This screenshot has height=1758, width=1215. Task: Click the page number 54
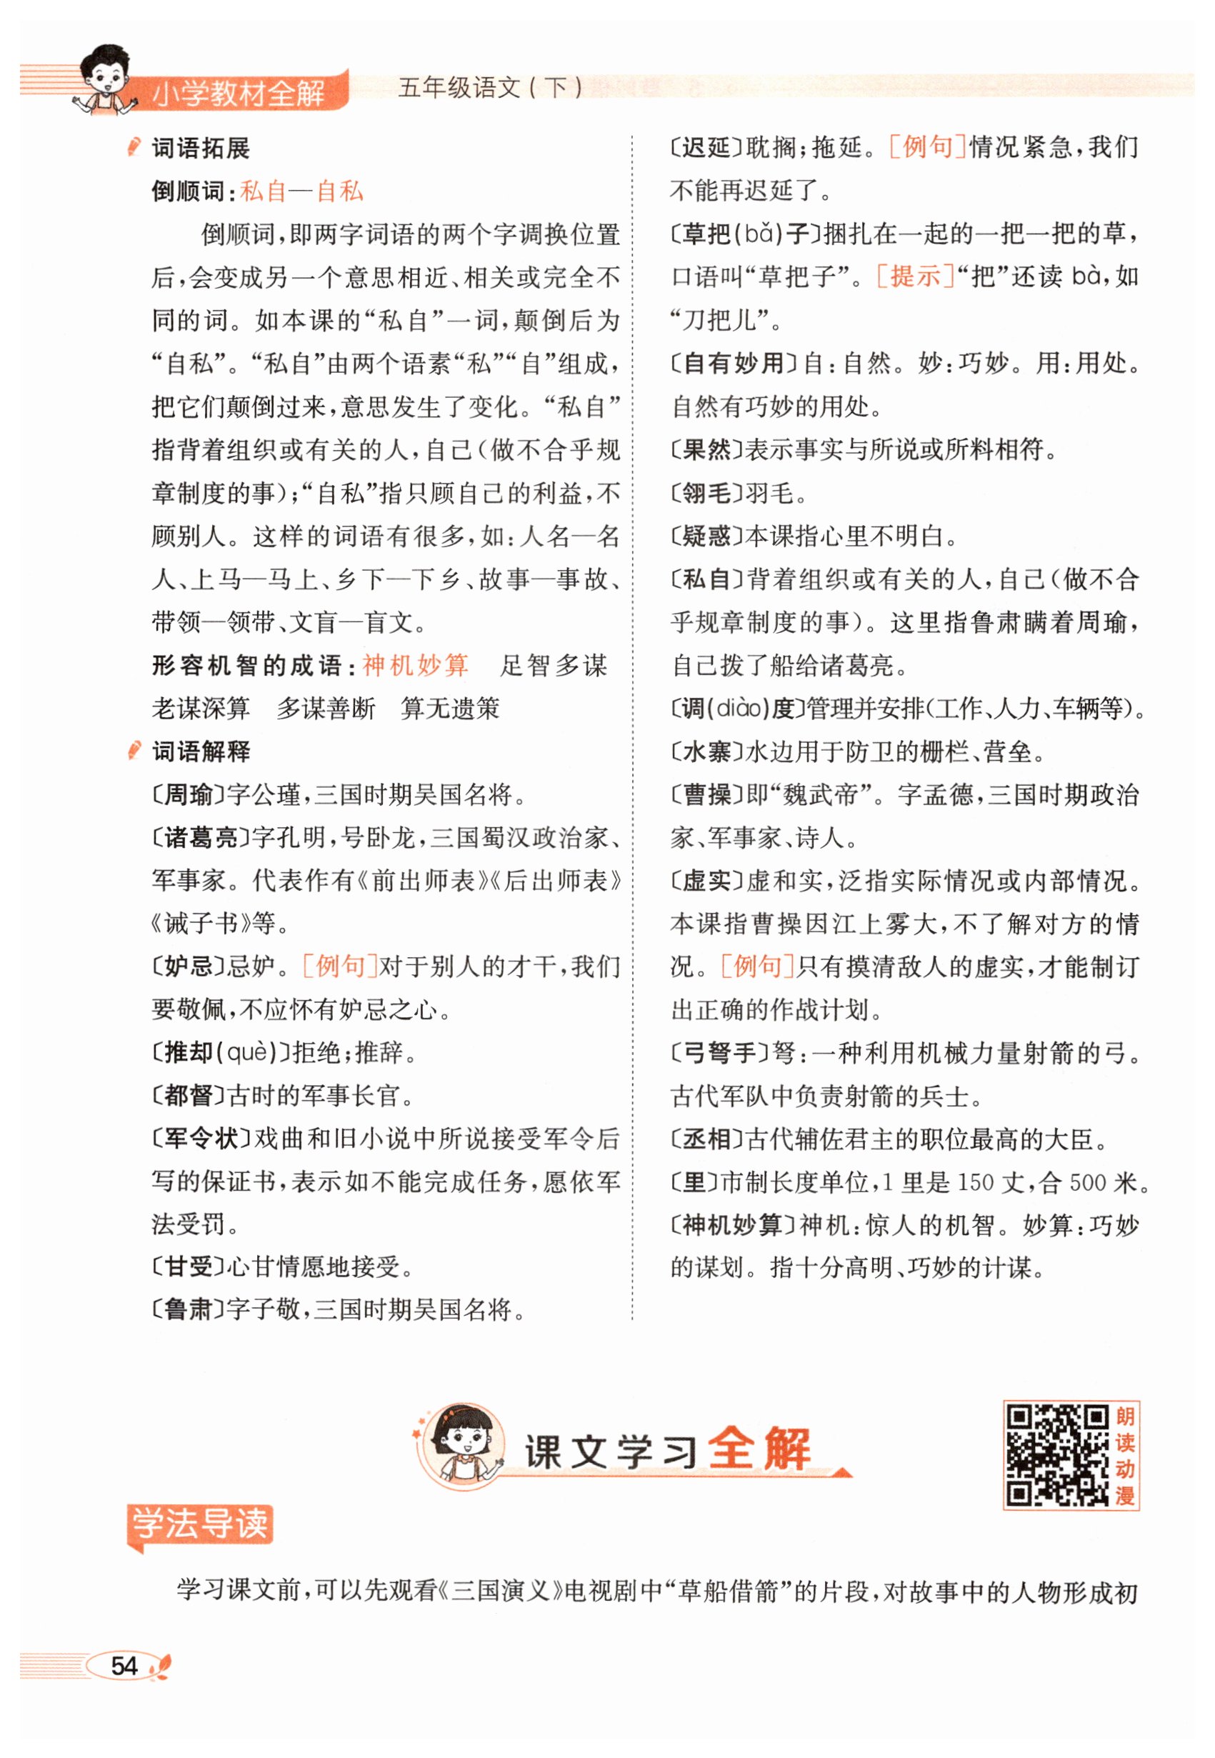click(x=124, y=1665)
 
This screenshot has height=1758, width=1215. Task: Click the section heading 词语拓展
click(x=201, y=149)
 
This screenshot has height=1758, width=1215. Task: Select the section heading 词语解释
click(x=201, y=751)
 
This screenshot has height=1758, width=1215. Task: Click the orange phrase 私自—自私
click(x=302, y=191)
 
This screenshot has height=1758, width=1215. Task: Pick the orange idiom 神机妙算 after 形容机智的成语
click(x=415, y=666)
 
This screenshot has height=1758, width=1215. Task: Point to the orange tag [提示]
click(x=915, y=276)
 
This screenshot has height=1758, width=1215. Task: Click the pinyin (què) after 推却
click(x=248, y=1053)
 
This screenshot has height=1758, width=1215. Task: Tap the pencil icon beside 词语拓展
click(x=135, y=147)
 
